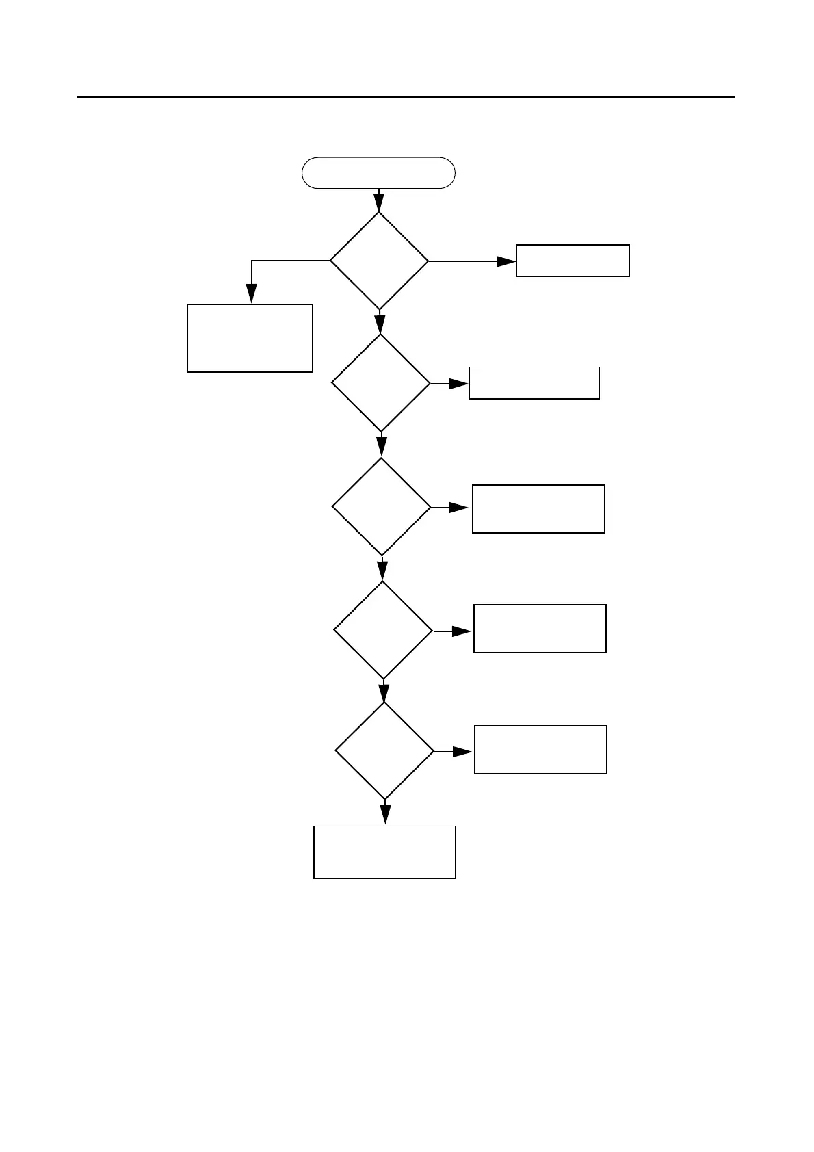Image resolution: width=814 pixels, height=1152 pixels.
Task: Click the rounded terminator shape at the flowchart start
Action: (x=378, y=172)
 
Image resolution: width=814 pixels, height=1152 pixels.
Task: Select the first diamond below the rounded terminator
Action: (x=379, y=261)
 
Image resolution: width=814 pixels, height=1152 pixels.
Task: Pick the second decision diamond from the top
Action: (x=381, y=383)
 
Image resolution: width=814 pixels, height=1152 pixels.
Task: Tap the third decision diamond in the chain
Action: (x=382, y=507)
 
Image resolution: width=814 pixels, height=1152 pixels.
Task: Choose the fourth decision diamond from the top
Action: (x=383, y=630)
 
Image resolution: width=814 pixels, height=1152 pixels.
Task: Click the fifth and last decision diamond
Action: (x=384, y=750)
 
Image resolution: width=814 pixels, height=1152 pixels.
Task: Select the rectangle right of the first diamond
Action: (x=573, y=261)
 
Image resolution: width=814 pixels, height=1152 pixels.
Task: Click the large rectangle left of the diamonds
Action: (x=250, y=338)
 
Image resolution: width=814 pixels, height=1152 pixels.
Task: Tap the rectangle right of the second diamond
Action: (x=534, y=383)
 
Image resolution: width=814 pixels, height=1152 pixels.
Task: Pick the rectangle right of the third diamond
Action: (x=538, y=508)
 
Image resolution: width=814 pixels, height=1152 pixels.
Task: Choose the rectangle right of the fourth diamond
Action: (x=540, y=628)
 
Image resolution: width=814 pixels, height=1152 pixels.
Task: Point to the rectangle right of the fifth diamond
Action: (x=540, y=750)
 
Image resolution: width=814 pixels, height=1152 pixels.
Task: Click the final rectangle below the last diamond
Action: (x=384, y=852)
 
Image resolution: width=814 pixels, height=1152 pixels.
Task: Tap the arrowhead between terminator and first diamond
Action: (x=379, y=203)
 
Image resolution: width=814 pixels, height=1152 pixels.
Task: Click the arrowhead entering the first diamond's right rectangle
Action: (x=506, y=261)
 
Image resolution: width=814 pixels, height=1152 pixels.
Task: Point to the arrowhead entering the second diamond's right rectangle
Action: (x=459, y=384)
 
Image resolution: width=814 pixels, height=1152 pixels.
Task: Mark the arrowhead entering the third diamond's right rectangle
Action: (x=459, y=508)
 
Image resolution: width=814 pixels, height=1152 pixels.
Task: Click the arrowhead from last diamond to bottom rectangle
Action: (x=385, y=814)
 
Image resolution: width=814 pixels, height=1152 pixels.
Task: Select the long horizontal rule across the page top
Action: (x=406, y=97)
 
